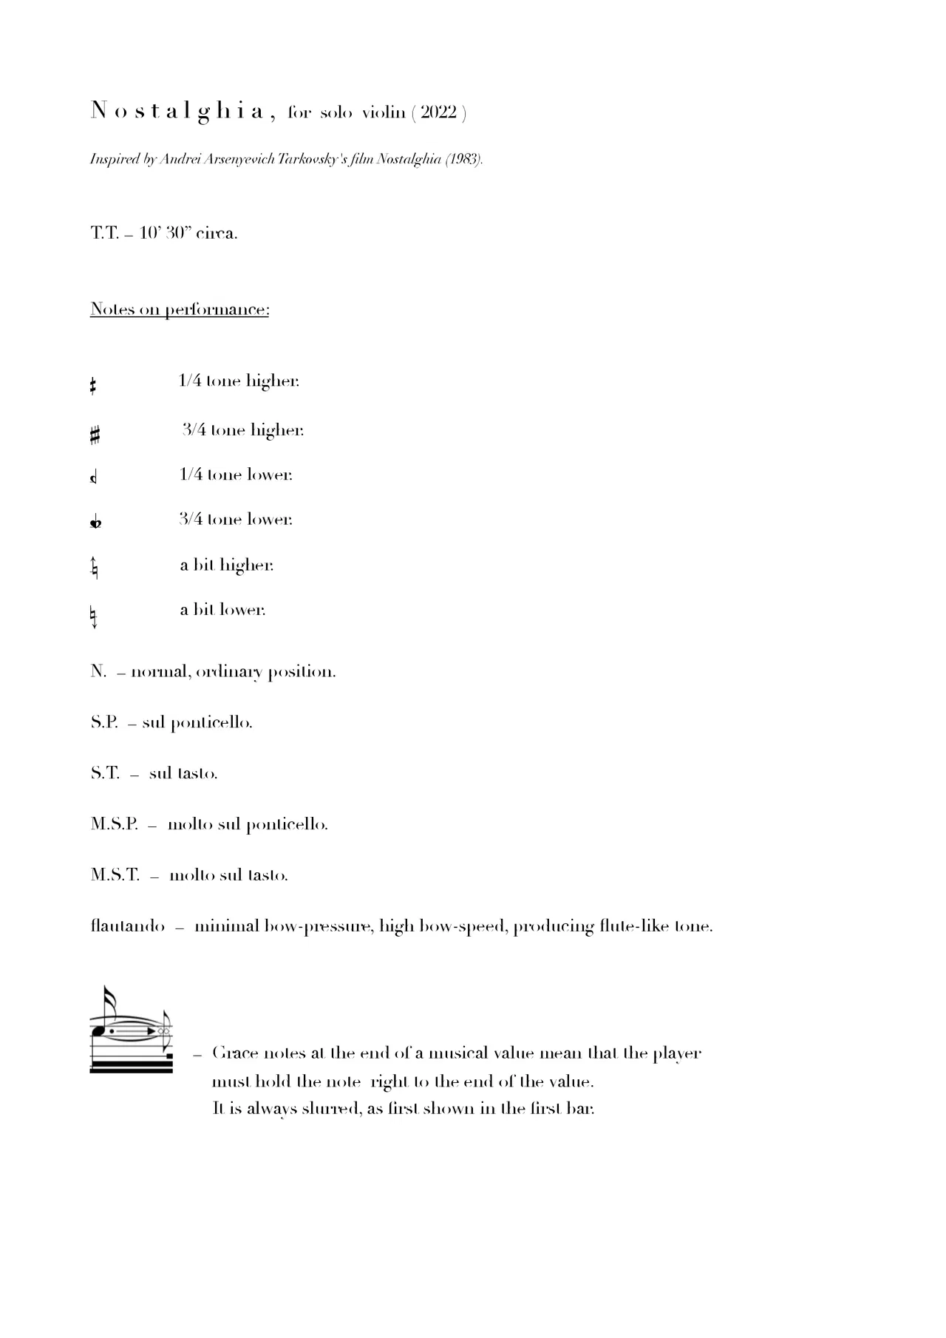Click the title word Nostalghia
(x=177, y=112)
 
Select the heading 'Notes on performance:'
(x=180, y=309)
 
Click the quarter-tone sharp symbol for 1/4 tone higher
(x=93, y=385)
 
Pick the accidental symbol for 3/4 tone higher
(x=95, y=435)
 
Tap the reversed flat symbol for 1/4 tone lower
(x=93, y=478)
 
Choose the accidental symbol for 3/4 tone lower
(x=95, y=523)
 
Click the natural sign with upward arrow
(x=94, y=568)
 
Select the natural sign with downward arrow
(x=94, y=615)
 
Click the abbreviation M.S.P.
(x=115, y=824)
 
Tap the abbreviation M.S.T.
(x=115, y=875)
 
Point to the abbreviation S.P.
(x=104, y=722)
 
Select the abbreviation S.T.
(x=105, y=773)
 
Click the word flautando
(x=127, y=926)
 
